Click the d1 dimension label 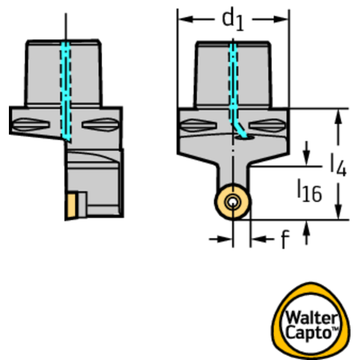233,19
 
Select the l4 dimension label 338,165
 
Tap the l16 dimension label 310,191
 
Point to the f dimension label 285,239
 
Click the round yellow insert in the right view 233,202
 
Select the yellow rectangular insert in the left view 71,206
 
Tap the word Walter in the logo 311,318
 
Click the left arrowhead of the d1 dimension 185,19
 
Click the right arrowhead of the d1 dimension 281,19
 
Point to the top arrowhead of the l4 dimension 338,116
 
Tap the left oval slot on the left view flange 31,125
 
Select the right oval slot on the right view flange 268,126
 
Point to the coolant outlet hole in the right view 245,138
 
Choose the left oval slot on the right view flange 199,125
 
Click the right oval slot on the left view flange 100,125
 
